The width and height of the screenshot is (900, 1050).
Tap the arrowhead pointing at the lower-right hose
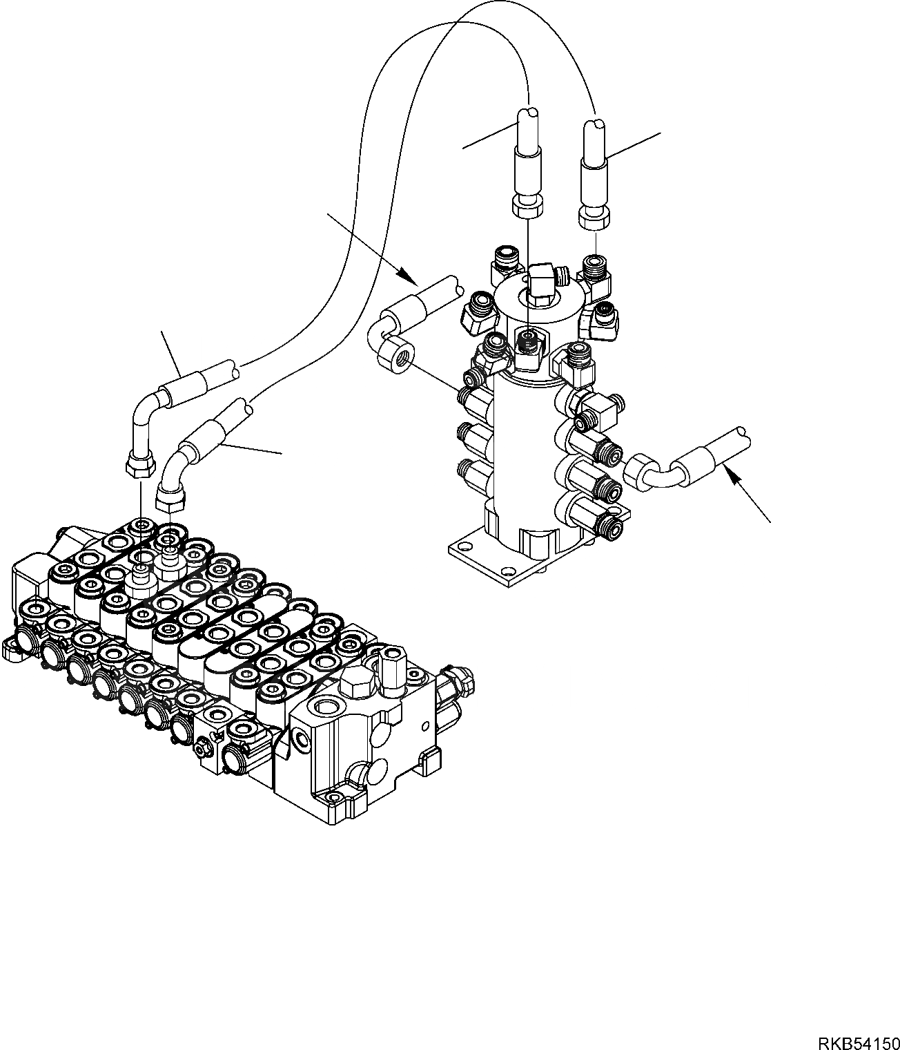733,474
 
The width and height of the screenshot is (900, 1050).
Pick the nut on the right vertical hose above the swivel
594,220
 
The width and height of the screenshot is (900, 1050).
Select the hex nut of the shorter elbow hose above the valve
170,498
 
